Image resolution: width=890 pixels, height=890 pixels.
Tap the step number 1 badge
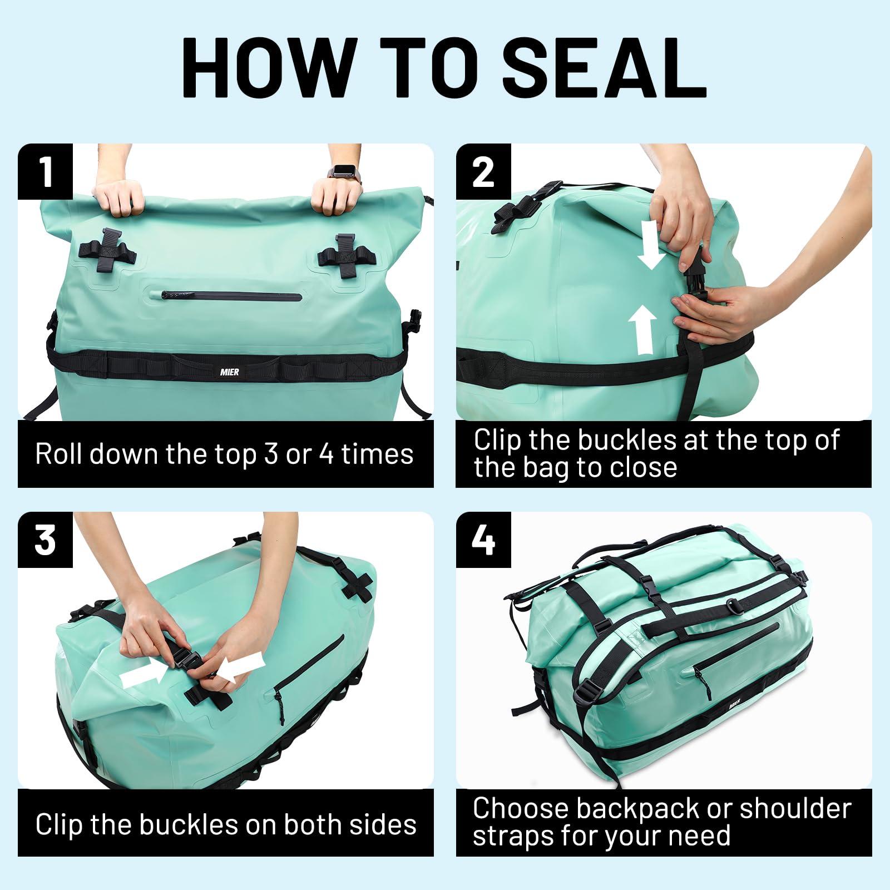(45, 172)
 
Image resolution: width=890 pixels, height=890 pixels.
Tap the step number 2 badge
(483, 172)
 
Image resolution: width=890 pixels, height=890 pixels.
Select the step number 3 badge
(45, 540)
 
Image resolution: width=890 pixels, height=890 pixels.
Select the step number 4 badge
(483, 540)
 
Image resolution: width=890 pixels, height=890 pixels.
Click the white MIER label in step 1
(229, 371)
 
